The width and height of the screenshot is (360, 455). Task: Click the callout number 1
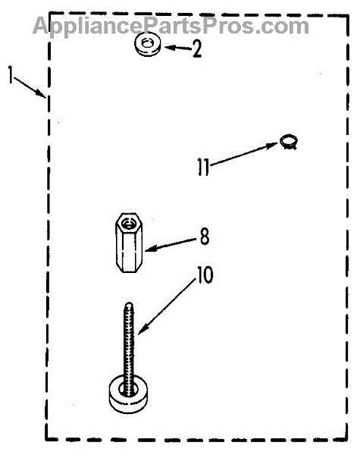pos(11,74)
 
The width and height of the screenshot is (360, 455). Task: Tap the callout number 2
pos(197,49)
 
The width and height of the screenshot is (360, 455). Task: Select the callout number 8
pos(205,237)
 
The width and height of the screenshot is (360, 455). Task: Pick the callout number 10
pos(205,275)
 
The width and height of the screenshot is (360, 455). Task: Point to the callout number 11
pos(203,167)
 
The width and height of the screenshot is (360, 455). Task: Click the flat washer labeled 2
pos(147,45)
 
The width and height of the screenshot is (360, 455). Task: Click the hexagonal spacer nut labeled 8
pos(129,243)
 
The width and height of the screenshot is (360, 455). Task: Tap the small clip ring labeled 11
pos(289,142)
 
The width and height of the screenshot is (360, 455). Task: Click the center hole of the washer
pos(147,42)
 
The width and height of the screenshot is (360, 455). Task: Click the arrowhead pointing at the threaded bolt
pos(143,329)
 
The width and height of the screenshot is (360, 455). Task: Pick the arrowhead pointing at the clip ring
pos(272,145)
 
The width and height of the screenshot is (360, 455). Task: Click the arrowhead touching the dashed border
pos(41,93)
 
